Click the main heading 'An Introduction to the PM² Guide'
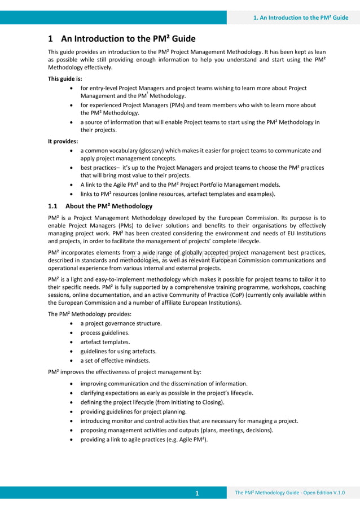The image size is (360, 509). point(128,39)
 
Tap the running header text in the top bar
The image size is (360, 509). point(301,17)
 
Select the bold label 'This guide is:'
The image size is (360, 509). point(65,78)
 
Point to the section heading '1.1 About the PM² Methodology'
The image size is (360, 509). point(100,206)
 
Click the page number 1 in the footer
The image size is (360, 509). point(197,494)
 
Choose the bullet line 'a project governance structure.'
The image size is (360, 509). point(121,323)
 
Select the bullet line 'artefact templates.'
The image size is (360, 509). point(105,342)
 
